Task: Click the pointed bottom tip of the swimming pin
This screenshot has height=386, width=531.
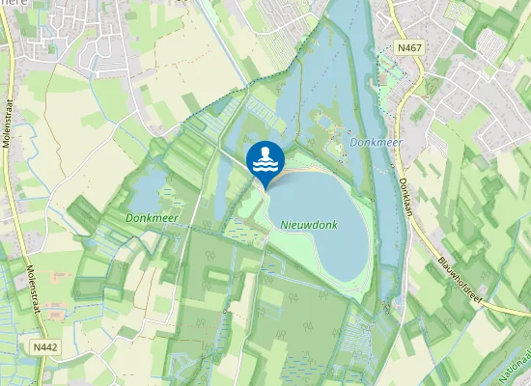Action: pos(265,186)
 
